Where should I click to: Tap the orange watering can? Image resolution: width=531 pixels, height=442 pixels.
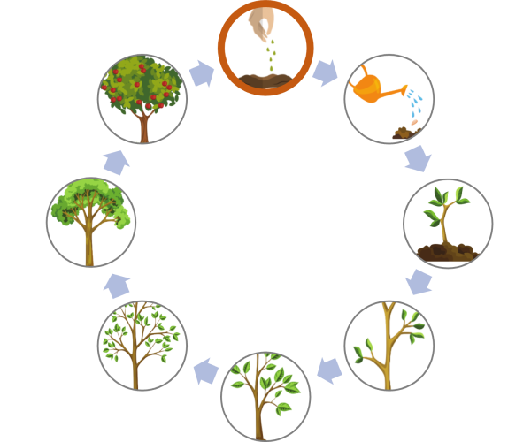click(x=373, y=88)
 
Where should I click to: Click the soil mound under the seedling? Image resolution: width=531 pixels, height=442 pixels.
click(x=448, y=253)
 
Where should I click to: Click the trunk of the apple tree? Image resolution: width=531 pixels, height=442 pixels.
click(x=143, y=129)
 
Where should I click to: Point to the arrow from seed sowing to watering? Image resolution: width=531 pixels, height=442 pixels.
click(x=326, y=72)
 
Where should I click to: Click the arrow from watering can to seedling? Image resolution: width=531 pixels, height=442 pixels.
click(x=417, y=159)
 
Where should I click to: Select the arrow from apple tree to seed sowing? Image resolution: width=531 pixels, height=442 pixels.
click(x=202, y=72)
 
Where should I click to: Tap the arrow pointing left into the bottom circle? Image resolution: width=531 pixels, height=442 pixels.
click(x=329, y=370)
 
